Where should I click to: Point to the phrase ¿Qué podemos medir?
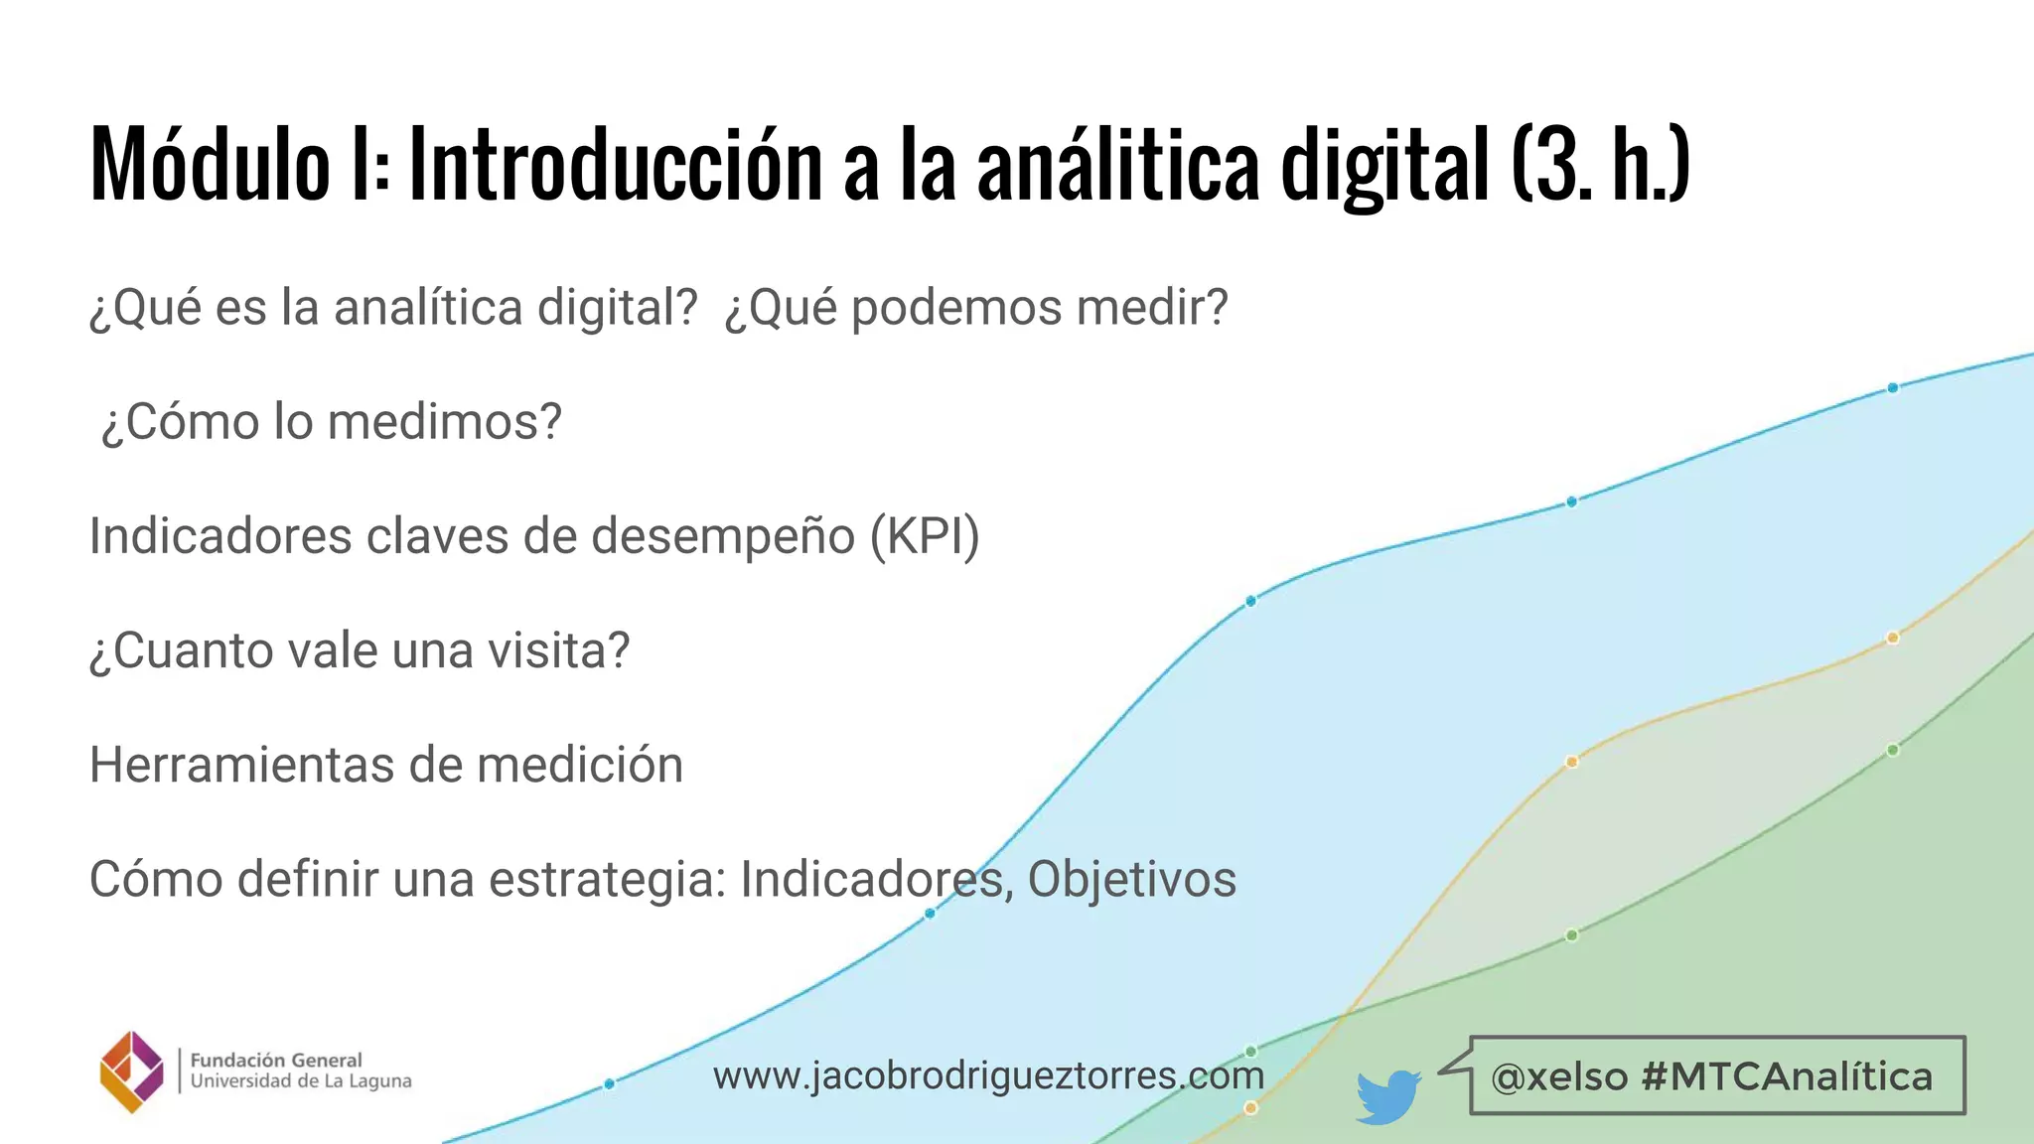(976, 307)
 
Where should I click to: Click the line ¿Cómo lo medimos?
(331, 421)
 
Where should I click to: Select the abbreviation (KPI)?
(925, 536)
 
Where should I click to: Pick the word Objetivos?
(1131, 880)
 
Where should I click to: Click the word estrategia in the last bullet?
(607, 880)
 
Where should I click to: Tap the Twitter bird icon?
(1387, 1095)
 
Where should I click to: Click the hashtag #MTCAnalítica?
(1787, 1076)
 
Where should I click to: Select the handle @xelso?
(1559, 1076)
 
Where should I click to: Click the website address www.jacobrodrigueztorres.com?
(988, 1075)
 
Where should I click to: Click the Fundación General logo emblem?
(132, 1072)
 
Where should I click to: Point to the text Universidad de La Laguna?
(300, 1081)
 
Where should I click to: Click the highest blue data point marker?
(1892, 387)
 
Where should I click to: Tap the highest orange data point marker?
(1892, 638)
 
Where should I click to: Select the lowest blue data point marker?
(609, 1083)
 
